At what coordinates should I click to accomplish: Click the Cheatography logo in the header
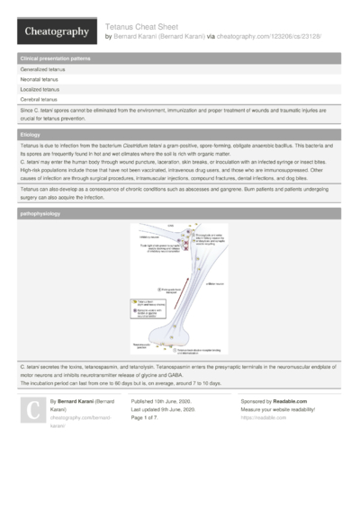(55, 32)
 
